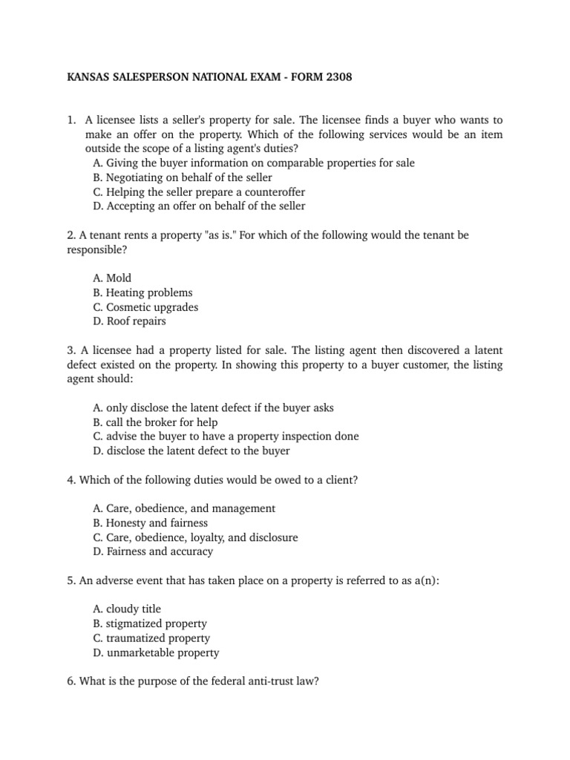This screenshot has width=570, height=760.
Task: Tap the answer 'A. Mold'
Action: point(112,278)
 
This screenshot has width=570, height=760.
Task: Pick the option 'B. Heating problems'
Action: point(142,292)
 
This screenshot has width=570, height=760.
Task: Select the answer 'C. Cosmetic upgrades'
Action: point(145,307)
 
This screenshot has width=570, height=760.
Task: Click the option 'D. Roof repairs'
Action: point(130,321)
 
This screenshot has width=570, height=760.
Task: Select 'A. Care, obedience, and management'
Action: point(184,508)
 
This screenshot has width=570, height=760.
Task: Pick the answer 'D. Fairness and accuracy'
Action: point(153,551)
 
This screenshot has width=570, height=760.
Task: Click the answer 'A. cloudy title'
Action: point(127,609)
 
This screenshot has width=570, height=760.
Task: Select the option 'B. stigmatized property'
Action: point(150,623)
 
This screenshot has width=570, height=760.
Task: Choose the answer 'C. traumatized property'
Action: point(151,638)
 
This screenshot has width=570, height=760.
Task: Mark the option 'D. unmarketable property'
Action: point(156,652)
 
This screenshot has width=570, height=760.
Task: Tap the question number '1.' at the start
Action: point(72,119)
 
